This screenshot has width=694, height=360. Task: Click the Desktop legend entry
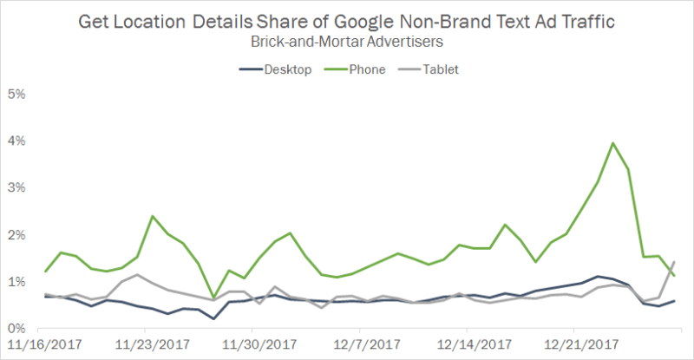[274, 69]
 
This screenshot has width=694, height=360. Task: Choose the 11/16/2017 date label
[36, 344]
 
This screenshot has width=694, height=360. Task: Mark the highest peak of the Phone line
[613, 143]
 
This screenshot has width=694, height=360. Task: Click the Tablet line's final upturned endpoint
[674, 262]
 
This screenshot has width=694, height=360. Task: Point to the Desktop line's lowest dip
[213, 318]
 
